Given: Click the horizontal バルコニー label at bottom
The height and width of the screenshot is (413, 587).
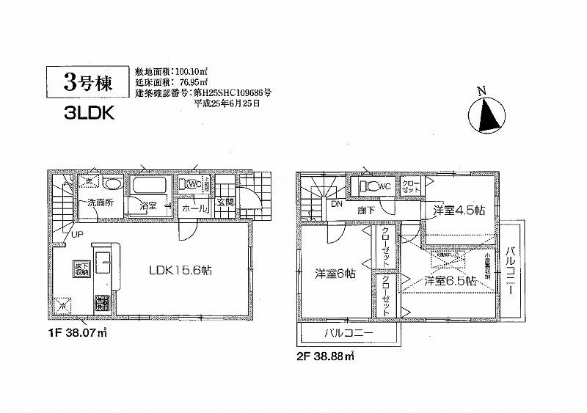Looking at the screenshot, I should tap(349, 334).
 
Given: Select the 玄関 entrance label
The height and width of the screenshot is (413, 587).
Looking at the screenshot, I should tap(225, 202).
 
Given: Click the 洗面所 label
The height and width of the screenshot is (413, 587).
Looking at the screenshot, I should tap(98, 202).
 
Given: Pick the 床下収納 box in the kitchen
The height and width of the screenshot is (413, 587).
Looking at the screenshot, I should tap(79, 268).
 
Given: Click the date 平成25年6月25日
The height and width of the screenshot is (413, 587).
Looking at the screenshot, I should tap(226, 104).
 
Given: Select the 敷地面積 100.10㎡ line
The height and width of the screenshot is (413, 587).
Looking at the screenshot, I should tap(171, 72).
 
